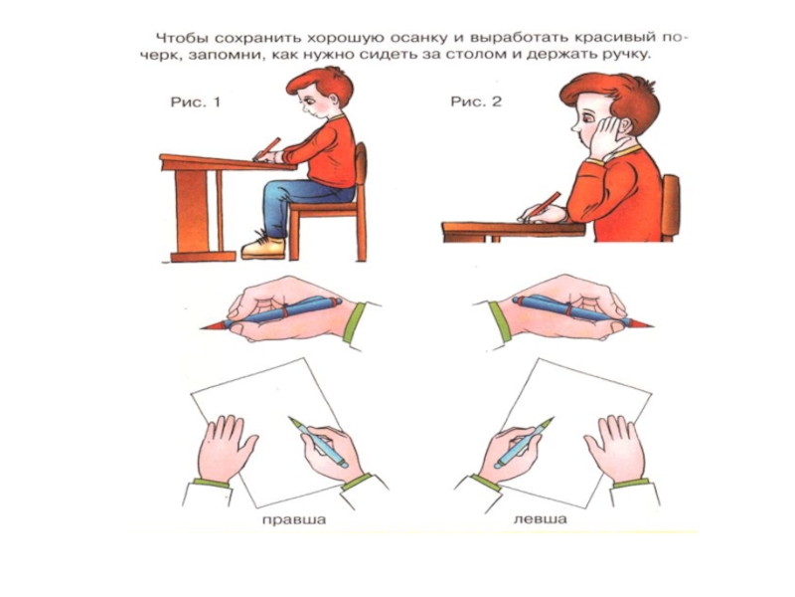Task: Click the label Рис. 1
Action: point(195,102)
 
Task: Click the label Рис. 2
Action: point(476,101)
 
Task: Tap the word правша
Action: point(294,519)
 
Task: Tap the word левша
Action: point(540,519)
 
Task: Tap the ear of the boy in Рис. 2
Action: point(626,131)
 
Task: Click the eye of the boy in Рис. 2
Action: point(587,119)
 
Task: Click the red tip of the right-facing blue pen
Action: point(643,323)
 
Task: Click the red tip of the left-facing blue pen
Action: point(212,325)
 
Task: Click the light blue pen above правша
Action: point(318,442)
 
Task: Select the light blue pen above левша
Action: point(524,443)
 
